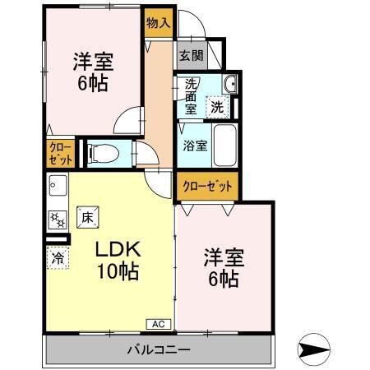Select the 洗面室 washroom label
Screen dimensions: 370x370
tap(189, 95)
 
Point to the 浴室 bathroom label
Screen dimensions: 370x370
tap(194, 146)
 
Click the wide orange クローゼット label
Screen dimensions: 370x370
tap(206, 186)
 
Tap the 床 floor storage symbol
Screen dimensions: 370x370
tap(87, 218)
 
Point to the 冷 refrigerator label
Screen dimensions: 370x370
tap(58, 257)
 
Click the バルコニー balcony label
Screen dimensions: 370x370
tap(158, 349)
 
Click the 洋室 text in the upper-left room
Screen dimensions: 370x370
tap(91, 61)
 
